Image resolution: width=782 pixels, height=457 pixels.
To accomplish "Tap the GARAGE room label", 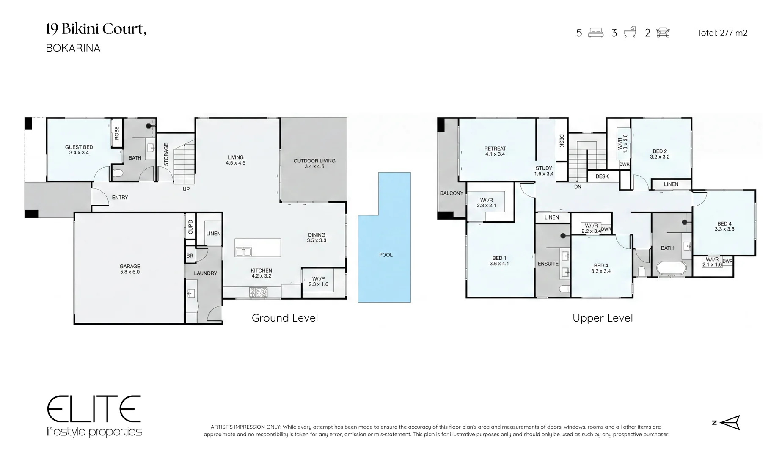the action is click(x=130, y=267).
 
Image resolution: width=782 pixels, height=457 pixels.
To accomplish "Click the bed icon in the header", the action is click(x=596, y=33).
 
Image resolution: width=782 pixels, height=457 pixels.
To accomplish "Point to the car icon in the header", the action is click(x=663, y=33).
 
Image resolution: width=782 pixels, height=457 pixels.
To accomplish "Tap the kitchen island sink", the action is click(x=243, y=251).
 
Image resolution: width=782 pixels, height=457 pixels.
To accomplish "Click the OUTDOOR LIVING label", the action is click(x=314, y=161).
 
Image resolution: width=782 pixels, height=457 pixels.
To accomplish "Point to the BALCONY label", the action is click(x=452, y=193).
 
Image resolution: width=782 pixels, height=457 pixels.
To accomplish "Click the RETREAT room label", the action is click(x=495, y=149).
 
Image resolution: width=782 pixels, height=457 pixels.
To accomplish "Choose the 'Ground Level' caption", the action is click(x=285, y=318).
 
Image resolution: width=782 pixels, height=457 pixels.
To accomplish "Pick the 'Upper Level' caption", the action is click(x=603, y=318).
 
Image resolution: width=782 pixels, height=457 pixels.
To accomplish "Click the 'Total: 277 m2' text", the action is click(x=722, y=33).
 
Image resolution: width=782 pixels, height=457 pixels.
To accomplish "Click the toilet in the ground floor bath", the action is click(x=117, y=173).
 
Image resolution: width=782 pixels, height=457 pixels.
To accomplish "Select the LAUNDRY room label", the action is click(x=205, y=273).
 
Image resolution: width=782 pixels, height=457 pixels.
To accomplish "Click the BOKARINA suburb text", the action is click(x=73, y=48).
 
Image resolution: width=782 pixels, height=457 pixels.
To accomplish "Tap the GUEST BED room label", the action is click(x=79, y=147).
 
